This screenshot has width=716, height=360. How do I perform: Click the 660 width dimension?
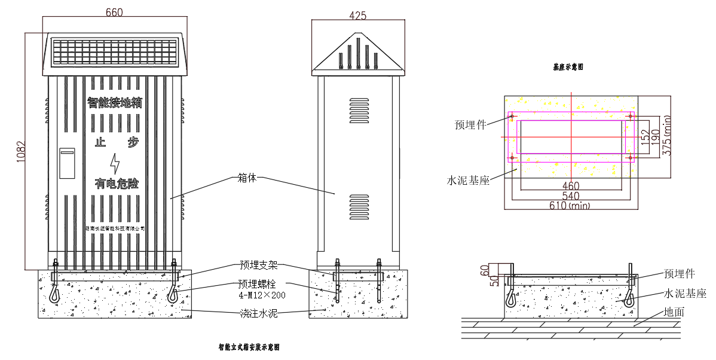[115, 12]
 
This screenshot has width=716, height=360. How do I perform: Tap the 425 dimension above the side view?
[357, 16]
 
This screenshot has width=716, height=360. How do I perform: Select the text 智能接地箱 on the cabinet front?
[115, 102]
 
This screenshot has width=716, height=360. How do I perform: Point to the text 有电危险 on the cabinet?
[116, 184]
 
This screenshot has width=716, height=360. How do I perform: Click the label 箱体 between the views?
[246, 178]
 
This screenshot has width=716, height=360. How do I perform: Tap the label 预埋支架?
[259, 266]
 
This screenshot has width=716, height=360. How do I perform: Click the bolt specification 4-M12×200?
[262, 295]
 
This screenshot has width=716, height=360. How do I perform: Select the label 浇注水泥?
[259, 313]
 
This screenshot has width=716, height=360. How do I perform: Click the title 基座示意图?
[568, 68]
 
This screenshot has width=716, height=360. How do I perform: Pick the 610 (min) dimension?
[570, 206]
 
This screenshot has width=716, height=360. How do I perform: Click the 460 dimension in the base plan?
[571, 186]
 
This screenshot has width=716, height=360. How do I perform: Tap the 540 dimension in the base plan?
[571, 196]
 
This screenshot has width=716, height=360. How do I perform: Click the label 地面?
[674, 312]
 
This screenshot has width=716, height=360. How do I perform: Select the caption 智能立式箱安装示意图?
[249, 347]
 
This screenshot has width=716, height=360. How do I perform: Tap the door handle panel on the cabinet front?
[67, 163]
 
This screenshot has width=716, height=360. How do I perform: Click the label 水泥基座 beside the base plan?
[469, 179]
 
